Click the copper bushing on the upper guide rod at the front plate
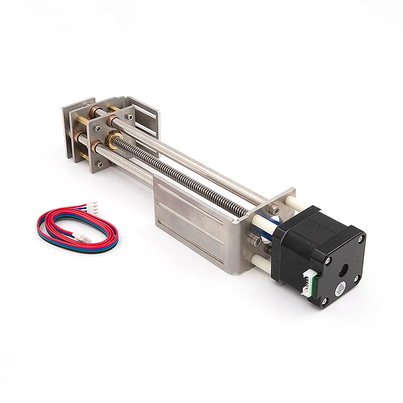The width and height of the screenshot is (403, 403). point(110,120)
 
